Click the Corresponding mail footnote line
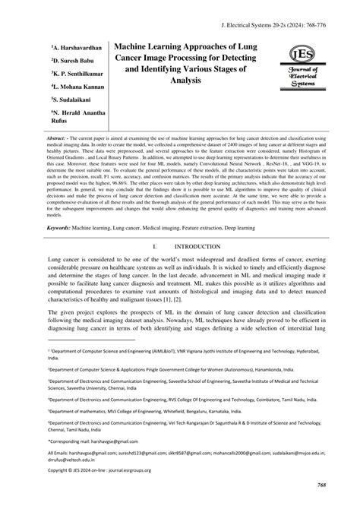point(93,441)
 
